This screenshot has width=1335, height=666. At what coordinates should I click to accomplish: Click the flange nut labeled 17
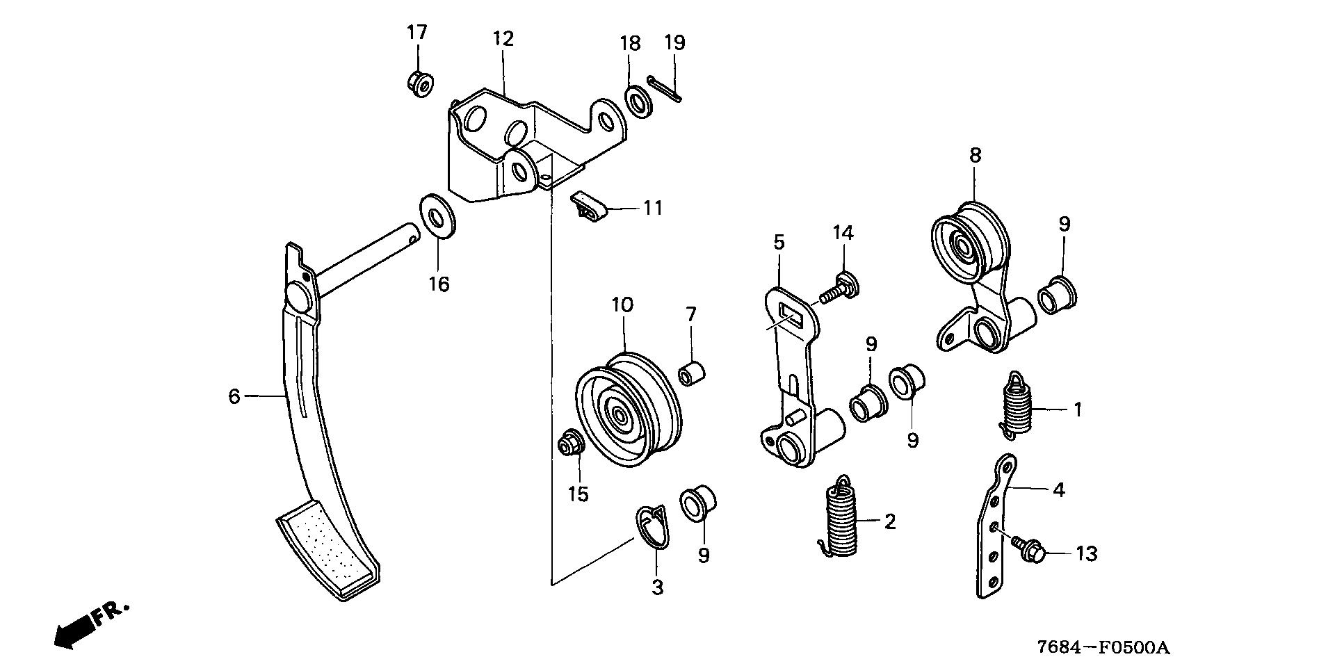point(419,83)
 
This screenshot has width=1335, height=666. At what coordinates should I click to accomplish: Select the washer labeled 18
point(638,101)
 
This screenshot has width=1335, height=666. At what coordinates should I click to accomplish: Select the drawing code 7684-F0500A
point(1103,648)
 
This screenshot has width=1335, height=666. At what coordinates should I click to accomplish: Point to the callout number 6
point(234,396)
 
